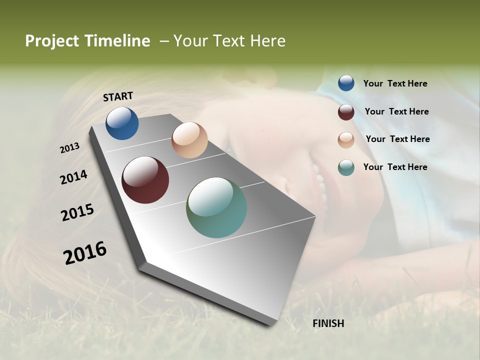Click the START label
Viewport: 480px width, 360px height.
118,96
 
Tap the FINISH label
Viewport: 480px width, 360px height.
328,323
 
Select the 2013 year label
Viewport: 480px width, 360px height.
69,148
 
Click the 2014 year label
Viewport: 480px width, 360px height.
73,177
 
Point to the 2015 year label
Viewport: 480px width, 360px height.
77,212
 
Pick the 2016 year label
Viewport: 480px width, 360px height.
85,252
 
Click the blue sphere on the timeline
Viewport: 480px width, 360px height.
122,123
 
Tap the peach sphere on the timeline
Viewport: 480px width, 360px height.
189,140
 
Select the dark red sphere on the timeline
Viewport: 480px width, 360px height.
145,180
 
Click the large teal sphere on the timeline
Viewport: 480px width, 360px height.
216,207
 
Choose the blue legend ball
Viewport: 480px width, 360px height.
346,83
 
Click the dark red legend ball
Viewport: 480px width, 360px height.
346,112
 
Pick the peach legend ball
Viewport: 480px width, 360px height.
346,140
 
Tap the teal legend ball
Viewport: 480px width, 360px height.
346,168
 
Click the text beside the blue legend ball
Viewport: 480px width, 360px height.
395,83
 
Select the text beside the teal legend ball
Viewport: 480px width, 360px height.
395,167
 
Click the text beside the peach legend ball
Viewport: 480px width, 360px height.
397,139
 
